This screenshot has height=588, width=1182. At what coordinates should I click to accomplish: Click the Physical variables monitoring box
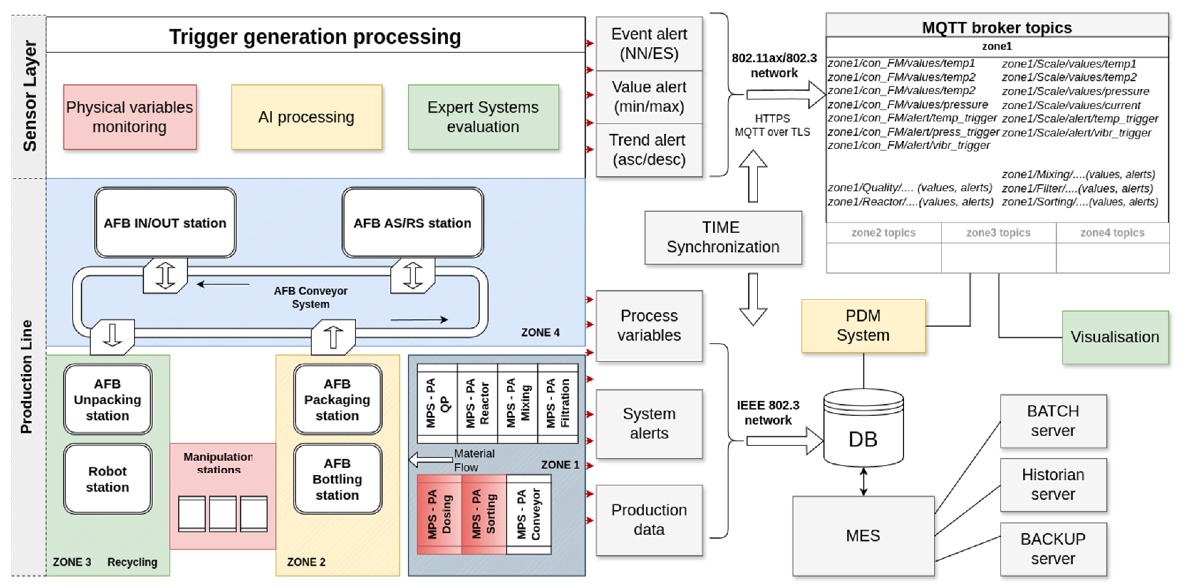(130, 117)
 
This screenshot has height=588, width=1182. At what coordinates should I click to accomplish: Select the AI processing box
(306, 117)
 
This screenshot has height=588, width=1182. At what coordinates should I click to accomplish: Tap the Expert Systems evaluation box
(483, 117)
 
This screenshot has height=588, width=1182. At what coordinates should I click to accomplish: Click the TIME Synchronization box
(723, 237)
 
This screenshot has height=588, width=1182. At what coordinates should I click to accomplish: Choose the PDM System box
(863, 326)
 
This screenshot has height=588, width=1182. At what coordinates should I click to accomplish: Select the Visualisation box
(1115, 337)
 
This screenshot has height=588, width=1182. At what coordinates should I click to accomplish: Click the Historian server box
(1053, 484)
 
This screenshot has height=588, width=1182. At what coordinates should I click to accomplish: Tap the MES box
(863, 535)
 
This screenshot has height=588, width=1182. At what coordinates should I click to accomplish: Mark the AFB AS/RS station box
(412, 223)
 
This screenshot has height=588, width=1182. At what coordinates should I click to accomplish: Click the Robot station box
(107, 479)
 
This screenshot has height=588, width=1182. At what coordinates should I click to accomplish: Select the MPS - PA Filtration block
(558, 403)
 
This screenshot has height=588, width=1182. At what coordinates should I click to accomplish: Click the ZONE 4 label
(540, 333)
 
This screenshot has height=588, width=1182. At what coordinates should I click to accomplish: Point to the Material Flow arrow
(430, 459)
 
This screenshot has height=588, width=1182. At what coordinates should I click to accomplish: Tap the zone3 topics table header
(998, 233)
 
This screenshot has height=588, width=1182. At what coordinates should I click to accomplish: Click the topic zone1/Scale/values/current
(1071, 105)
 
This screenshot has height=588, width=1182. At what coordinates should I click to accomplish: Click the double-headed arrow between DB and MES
(863, 481)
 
